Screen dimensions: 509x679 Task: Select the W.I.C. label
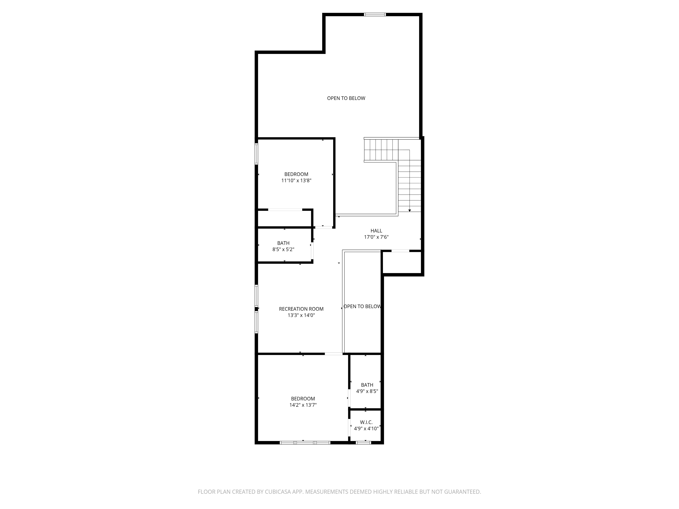click(x=366, y=422)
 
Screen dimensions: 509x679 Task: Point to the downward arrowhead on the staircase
click(x=409, y=211)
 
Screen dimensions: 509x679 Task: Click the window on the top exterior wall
click(x=375, y=14)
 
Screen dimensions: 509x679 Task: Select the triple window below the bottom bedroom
click(x=305, y=442)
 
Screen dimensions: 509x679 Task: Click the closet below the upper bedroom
click(x=284, y=219)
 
